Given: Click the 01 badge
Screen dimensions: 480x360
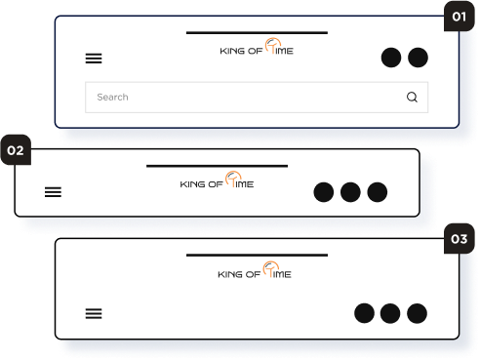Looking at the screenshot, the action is tap(460, 17).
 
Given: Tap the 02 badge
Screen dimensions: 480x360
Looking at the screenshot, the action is tap(16, 150).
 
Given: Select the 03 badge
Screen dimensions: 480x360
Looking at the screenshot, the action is tap(460, 239).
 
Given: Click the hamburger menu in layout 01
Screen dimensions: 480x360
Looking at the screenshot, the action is tap(94, 59).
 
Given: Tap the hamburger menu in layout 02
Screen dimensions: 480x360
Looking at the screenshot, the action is tap(53, 192).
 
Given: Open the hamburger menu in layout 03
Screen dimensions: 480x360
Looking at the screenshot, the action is tap(94, 313).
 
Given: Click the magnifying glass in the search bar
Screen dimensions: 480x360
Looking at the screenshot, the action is tap(412, 97).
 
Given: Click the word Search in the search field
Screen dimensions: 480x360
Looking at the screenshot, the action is tap(112, 97).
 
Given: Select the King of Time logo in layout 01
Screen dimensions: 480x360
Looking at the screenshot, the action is tap(257, 47).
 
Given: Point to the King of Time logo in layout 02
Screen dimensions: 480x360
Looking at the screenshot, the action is tap(217, 180).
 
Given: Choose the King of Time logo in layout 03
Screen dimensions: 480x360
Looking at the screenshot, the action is tap(255, 270).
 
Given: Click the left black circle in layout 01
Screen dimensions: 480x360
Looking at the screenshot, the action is tap(391, 58).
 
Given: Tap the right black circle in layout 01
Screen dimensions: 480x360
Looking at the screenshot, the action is tap(418, 58).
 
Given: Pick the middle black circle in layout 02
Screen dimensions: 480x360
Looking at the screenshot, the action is tap(350, 192).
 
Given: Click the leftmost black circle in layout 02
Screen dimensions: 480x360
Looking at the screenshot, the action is tap(324, 192).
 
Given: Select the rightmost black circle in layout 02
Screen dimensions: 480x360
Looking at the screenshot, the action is tap(378, 192).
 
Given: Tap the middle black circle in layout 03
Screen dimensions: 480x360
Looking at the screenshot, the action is tap(390, 313).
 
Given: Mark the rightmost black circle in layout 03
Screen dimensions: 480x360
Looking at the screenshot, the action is tap(418, 313).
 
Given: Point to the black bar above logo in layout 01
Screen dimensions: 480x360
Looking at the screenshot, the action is tap(257, 33).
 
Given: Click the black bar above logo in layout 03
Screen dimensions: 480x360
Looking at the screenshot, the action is tap(257, 256).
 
